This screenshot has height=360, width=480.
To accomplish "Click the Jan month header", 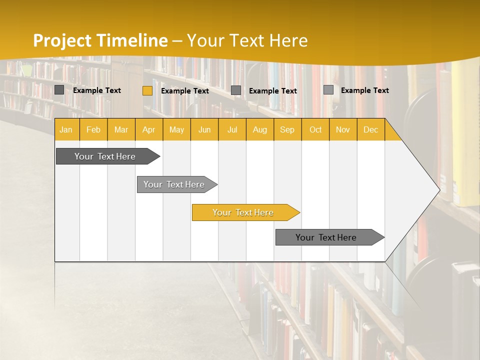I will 66,130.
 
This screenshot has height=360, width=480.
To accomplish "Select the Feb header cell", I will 93,130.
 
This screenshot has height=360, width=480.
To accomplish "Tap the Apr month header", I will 148,130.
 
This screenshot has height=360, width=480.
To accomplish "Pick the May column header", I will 176,130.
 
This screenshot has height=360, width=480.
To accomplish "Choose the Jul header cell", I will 232,130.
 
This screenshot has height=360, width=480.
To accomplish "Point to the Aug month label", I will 259,130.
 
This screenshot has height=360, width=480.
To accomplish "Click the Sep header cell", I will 287,130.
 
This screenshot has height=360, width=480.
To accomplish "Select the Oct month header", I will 315,130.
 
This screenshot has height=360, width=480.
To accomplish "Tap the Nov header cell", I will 342,130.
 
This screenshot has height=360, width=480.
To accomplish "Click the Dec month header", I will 370,130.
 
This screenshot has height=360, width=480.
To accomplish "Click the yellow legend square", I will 147,90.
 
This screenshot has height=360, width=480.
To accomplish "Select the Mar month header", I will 121,130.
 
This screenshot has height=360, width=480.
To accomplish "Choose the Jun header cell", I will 204,130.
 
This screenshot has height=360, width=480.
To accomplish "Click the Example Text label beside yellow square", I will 185,91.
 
